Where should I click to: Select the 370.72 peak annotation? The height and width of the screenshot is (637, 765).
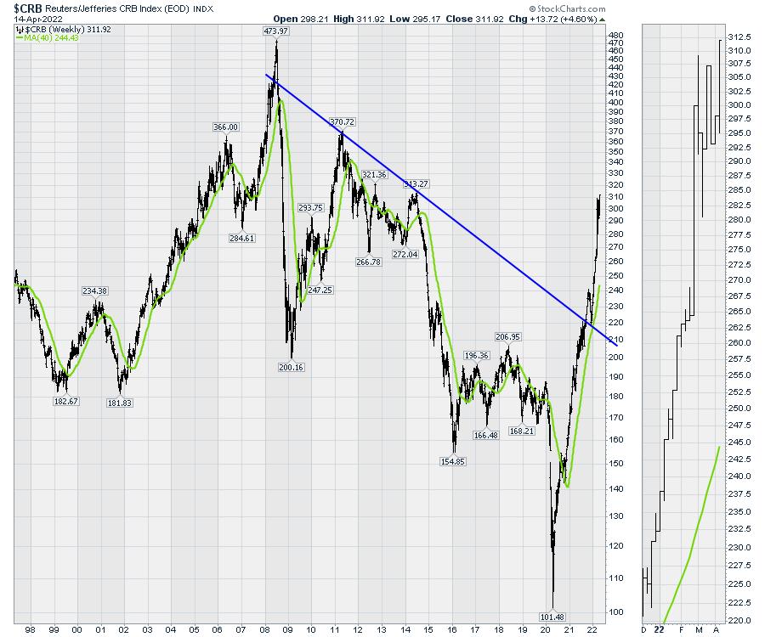coord(342,122)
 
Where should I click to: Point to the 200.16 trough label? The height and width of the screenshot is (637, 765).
coord(291,368)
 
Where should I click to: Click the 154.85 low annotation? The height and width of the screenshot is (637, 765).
coord(454,462)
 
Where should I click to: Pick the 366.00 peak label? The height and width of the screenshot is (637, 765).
coord(225,127)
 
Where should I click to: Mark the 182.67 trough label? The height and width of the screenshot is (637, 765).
coord(65,401)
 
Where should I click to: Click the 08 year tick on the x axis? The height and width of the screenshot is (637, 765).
coord(265,630)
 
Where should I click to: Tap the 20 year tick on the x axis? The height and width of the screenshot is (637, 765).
coord(545,630)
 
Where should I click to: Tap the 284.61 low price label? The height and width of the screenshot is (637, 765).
coord(242,238)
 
